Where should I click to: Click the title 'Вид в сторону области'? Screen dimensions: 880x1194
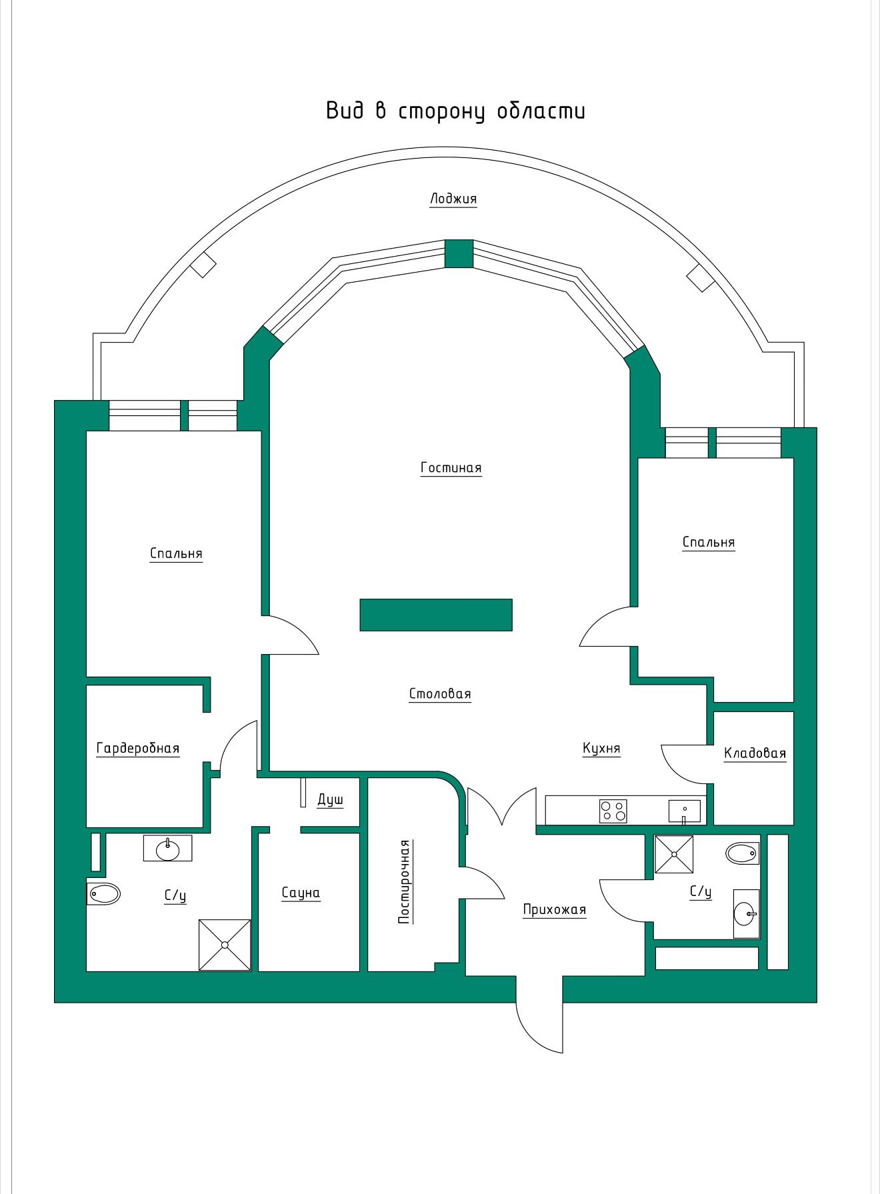click(456, 111)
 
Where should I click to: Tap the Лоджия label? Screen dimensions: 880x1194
click(453, 199)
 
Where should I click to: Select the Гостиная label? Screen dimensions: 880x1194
click(451, 467)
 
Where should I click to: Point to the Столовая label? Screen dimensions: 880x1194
click(440, 694)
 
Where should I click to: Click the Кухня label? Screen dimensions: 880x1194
click(601, 749)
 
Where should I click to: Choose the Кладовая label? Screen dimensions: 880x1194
click(755, 753)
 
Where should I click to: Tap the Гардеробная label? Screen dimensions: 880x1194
click(138, 749)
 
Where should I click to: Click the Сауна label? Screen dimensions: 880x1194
click(301, 893)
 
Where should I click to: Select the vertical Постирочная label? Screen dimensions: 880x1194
click(404, 882)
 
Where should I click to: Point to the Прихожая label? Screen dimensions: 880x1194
click(555, 910)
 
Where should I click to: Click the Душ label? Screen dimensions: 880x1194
click(330, 800)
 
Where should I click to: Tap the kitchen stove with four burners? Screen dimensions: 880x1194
click(613, 811)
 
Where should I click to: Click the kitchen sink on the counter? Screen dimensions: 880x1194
click(685, 811)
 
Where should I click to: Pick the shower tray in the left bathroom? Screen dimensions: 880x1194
click(225, 945)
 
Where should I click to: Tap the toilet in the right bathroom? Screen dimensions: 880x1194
click(742, 853)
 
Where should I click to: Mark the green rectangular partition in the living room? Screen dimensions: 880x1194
click(436, 615)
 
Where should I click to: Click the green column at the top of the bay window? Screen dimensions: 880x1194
click(459, 254)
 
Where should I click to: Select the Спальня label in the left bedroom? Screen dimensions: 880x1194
click(176, 554)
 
